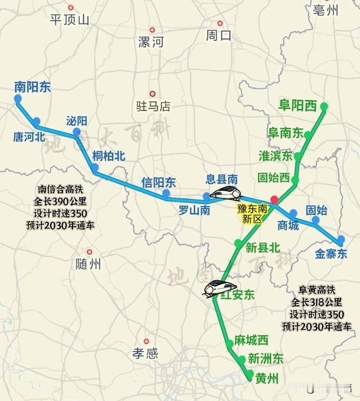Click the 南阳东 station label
pos(32,87)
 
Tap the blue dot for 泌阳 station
pos(76,132)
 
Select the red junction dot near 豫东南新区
pos(274,200)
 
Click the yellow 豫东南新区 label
pos(252,214)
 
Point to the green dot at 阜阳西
pos(324,106)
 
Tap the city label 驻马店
pos(153,106)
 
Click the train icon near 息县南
pos(226,193)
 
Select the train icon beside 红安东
pos(220,287)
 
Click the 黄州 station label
pos(267,379)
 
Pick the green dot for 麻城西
pos(230,344)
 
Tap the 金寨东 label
pos(331,254)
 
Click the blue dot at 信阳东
pos(166,193)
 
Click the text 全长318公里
pos(317,302)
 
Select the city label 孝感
pos(145,353)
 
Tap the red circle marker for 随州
pos(90,252)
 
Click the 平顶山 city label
pos(70,19)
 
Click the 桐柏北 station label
pos(108,156)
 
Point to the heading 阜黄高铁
pos(317,290)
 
